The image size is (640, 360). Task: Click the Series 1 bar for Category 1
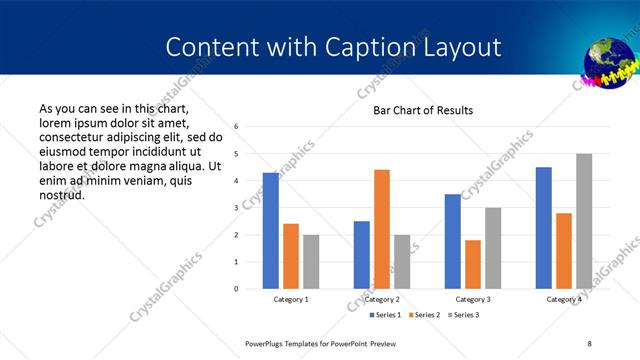(271, 231)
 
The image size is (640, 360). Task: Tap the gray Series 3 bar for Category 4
(584, 221)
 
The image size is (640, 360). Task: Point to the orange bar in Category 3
(473, 264)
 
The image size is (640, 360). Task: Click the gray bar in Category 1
(311, 262)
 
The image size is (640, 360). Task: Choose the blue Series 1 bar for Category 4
(544, 228)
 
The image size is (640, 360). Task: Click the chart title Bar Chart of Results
(423, 110)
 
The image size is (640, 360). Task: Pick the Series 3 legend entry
(465, 315)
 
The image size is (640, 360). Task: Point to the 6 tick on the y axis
(236, 127)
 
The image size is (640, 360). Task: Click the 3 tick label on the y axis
(236, 208)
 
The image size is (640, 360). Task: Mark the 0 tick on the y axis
(236, 289)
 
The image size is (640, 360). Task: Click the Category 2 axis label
(382, 299)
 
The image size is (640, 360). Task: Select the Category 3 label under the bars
(473, 299)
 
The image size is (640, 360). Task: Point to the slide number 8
(589, 343)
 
